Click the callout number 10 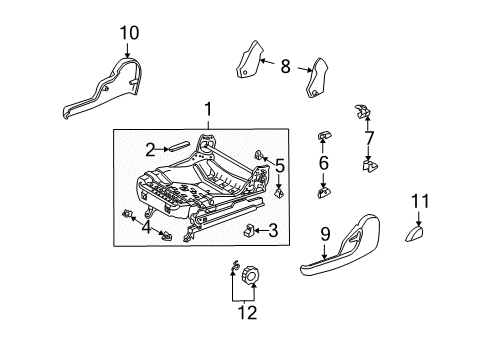127,35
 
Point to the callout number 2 150,150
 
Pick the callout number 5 280,167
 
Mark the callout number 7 370,137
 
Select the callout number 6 322,162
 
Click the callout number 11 419,207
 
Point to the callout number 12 245,313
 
